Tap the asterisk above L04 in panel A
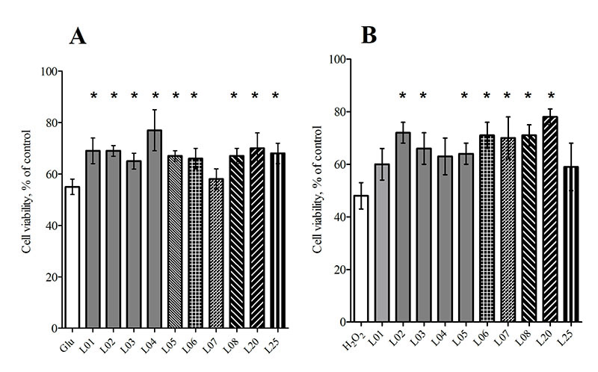click(x=155, y=96)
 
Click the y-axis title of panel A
click(x=26, y=200)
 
